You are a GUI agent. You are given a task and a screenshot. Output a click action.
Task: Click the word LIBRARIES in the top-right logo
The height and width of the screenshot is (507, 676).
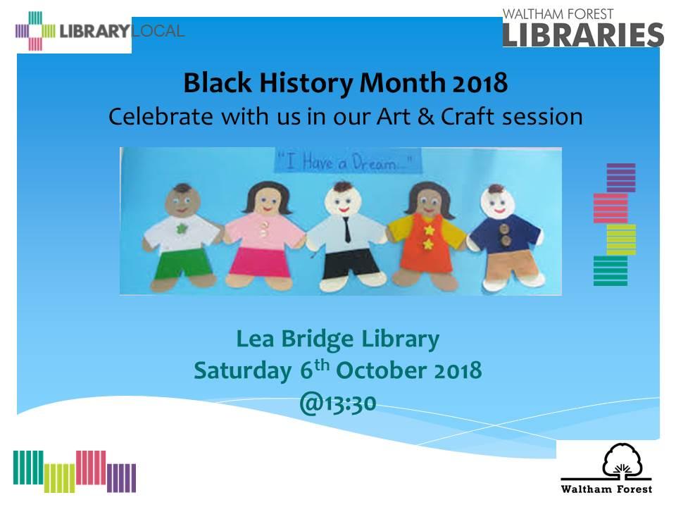tap(583, 35)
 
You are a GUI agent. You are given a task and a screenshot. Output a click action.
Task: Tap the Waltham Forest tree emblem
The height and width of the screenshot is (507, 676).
tap(622, 460)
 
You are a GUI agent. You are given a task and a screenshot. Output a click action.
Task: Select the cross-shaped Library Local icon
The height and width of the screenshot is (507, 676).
tap(35, 31)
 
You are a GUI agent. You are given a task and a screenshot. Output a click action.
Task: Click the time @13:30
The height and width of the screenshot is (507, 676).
tap(338, 403)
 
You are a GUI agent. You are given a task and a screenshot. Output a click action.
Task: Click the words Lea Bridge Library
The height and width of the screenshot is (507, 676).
tap(337, 339)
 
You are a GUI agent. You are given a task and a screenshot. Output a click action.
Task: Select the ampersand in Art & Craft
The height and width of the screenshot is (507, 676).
tap(425, 117)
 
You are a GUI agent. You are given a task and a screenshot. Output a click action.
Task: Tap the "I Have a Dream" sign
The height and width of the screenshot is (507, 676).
tap(348, 162)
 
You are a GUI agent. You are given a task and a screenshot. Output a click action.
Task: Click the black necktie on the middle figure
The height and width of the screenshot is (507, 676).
tap(346, 230)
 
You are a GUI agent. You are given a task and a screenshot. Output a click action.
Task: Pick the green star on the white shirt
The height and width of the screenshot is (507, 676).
tap(182, 228)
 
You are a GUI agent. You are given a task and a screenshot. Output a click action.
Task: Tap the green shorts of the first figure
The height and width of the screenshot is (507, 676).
tap(182, 262)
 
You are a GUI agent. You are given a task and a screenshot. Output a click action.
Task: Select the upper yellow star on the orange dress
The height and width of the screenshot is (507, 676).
tap(429, 230)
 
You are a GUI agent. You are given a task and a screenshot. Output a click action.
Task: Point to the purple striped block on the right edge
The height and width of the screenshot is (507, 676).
tap(621, 177)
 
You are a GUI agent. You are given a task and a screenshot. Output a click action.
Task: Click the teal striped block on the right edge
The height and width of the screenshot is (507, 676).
tap(611, 270)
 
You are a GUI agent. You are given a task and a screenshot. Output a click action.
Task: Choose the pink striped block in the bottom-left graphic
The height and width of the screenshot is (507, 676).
tap(91, 468)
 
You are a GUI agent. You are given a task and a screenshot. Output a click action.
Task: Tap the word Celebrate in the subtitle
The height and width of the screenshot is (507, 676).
tap(161, 117)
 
